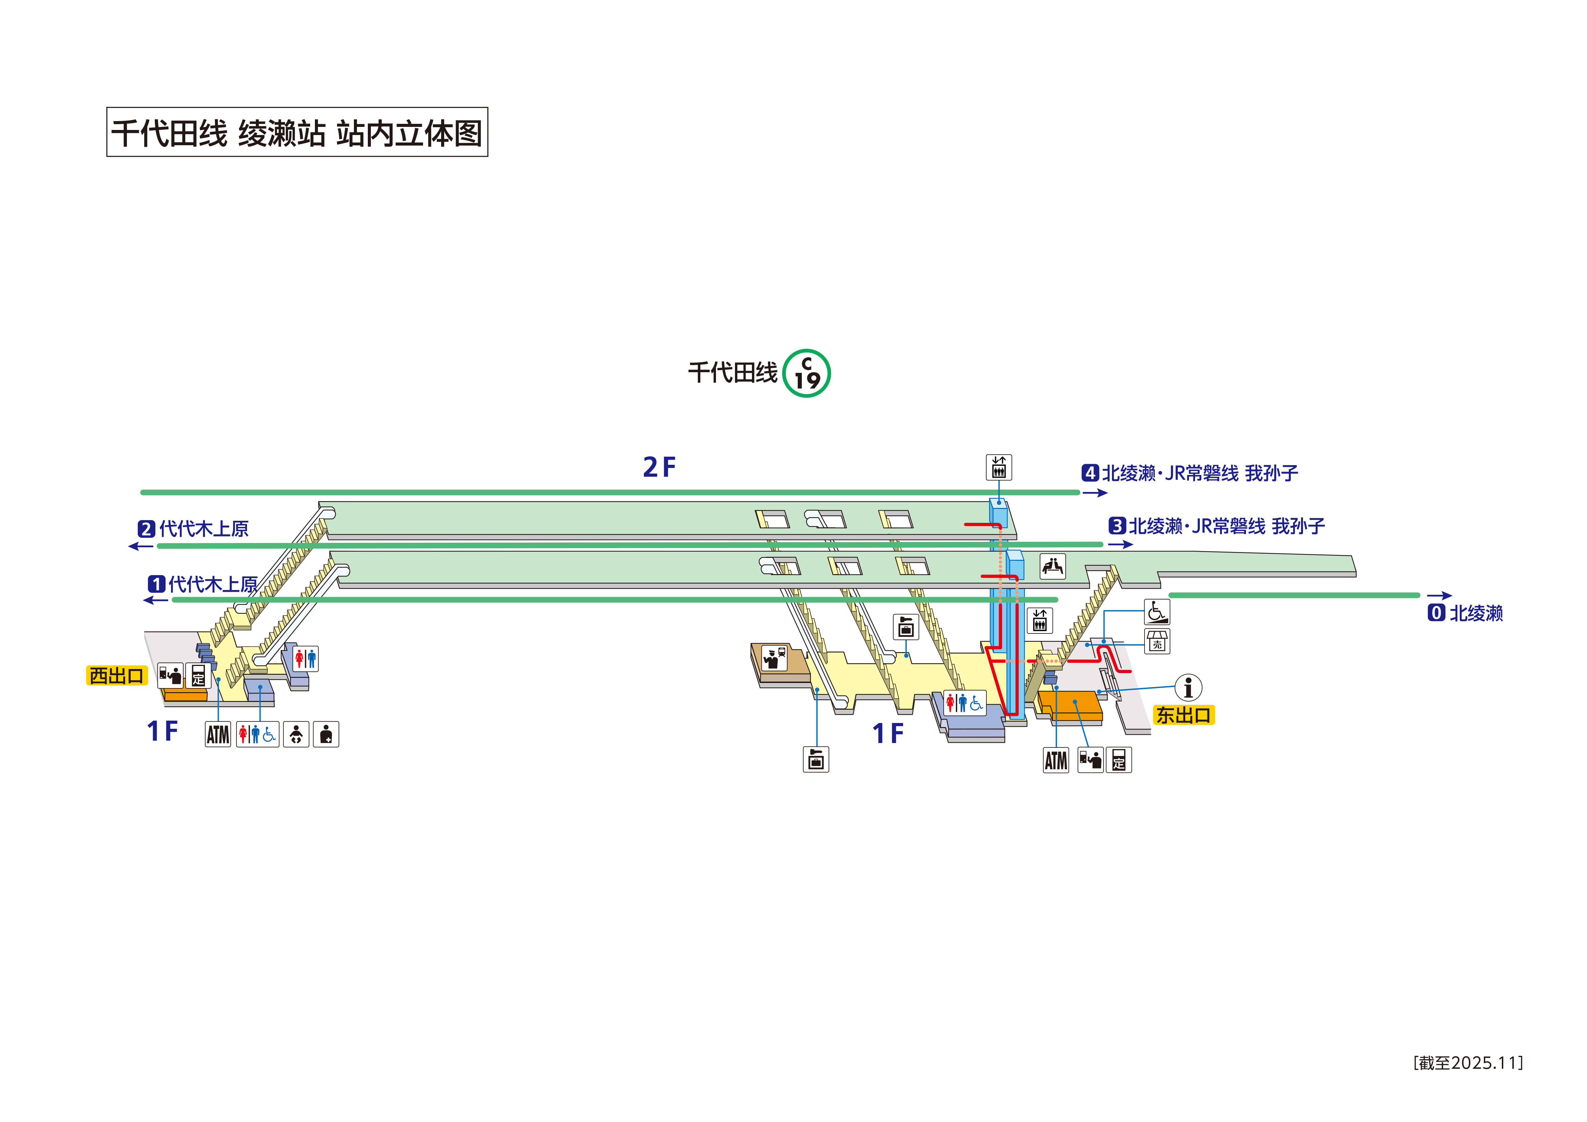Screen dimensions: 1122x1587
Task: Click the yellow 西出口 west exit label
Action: coord(116,676)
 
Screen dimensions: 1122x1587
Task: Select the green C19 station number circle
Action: coord(807,373)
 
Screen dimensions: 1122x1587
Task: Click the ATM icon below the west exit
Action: coord(218,734)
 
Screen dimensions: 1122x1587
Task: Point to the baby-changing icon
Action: coord(296,734)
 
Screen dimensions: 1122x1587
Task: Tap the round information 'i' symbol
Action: coord(1188,688)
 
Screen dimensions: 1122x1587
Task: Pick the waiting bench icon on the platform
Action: coord(1053,566)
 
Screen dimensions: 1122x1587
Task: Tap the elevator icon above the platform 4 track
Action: coord(999,467)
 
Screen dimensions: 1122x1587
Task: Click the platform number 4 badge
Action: coord(1090,474)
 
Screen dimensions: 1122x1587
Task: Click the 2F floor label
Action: coord(659,467)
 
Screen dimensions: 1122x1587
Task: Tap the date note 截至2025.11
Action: coord(1468,1063)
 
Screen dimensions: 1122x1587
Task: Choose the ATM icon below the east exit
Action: coord(1056,760)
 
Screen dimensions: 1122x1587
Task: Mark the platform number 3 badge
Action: coord(1117,526)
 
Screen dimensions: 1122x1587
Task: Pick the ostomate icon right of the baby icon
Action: coord(326,734)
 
